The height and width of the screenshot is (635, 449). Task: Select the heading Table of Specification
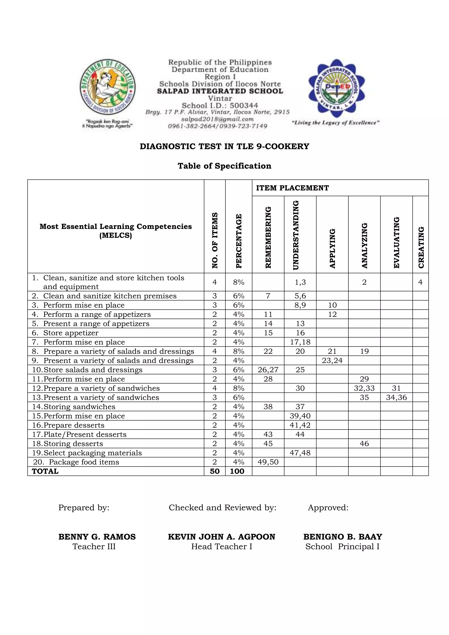coord(224,166)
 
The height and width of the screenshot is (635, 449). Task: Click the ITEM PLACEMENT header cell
coord(292,188)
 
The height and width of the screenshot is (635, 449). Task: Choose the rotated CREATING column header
coord(421,247)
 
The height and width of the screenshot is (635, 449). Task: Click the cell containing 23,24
coord(332,361)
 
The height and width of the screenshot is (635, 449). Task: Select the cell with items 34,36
coord(396,398)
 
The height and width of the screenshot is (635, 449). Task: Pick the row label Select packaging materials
coord(93,453)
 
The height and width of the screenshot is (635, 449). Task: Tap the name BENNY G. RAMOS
coord(97,537)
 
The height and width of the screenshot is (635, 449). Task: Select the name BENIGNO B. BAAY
coord(342,537)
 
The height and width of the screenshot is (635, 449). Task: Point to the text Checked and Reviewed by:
coord(223,508)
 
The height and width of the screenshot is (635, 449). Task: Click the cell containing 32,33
coord(364,388)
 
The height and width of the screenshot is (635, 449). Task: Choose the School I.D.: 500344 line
coord(220,106)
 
